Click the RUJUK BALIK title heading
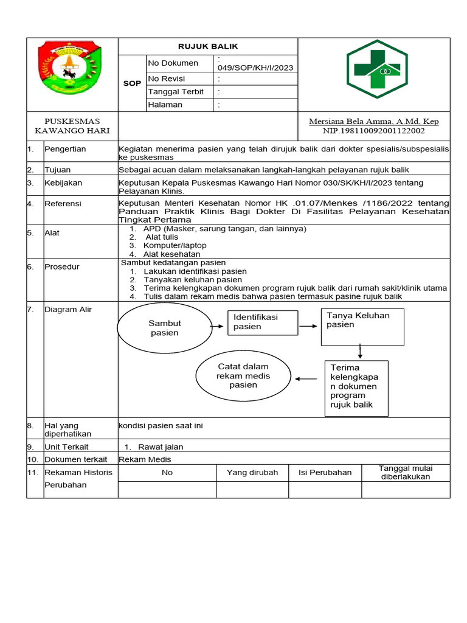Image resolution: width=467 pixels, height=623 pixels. (x=207, y=46)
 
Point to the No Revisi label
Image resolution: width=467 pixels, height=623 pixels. (x=166, y=79)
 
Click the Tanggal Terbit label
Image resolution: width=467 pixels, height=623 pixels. (x=176, y=92)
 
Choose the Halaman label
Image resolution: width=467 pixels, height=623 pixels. (x=165, y=105)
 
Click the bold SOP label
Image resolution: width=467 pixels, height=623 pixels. (x=131, y=83)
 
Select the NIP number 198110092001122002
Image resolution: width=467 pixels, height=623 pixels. (x=373, y=131)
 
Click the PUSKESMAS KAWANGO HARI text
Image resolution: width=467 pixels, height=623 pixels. (x=72, y=126)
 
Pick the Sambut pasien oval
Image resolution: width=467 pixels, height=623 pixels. (x=164, y=328)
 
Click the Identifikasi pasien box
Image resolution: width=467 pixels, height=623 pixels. (x=263, y=322)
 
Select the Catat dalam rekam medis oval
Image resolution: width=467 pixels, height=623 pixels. (x=243, y=376)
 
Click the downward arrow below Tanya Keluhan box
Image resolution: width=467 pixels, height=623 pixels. (x=361, y=352)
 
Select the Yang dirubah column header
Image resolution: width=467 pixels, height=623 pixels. (x=252, y=472)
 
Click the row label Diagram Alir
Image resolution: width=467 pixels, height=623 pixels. (x=68, y=310)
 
